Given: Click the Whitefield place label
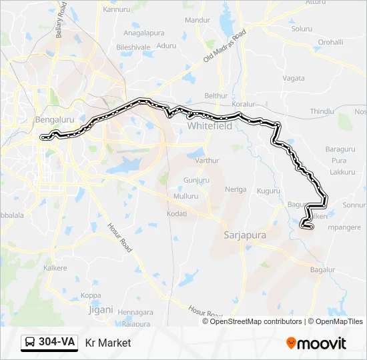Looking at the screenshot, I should click(x=209, y=125).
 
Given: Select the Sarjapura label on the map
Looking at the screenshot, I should click(x=244, y=235).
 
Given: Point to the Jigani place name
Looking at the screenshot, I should click(x=101, y=309).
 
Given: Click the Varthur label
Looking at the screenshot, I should click(x=208, y=161).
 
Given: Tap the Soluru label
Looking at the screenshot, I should click(x=302, y=29).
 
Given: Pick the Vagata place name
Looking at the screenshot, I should click(x=294, y=78).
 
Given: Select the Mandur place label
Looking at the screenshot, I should click(x=197, y=21).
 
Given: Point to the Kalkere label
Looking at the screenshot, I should click(x=55, y=267).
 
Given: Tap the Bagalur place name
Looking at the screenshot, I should click(x=322, y=269).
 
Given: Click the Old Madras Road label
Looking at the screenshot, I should click(x=225, y=46).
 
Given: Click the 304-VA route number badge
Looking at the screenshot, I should click(x=49, y=342).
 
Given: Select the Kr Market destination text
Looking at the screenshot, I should click(x=108, y=343).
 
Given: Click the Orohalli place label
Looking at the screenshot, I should click(x=330, y=41).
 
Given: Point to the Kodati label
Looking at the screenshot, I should click(x=177, y=213).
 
